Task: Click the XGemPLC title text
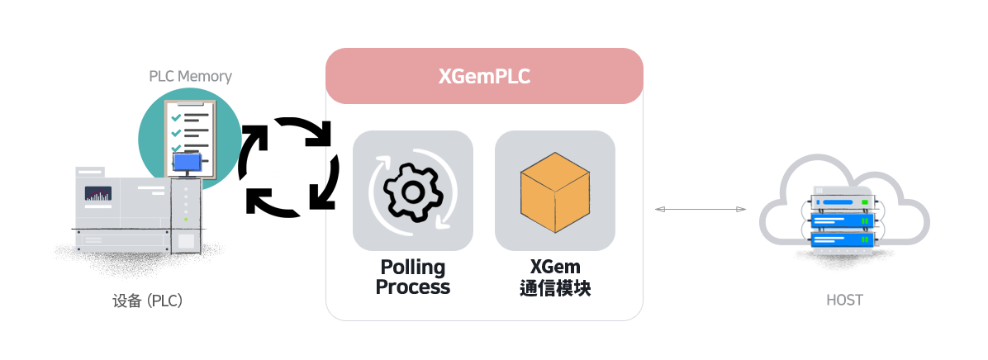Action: coord(484,77)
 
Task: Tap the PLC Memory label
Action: coord(190,76)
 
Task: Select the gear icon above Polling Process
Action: coord(413,191)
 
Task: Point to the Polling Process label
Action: coord(413,277)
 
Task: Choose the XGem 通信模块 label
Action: coord(555,277)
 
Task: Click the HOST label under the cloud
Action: coord(844,301)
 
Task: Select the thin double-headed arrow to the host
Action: coord(701,209)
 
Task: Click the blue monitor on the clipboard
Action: coord(188,163)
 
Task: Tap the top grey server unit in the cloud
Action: coord(843,203)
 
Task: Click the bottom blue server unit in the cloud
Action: coord(843,239)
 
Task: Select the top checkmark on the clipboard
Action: coord(176,118)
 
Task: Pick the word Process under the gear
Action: coord(413,287)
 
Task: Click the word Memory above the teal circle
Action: coord(205,76)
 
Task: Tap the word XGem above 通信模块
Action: coord(555,267)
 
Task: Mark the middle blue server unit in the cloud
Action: coord(843,221)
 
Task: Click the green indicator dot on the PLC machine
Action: coord(186,220)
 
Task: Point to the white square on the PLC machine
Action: coord(186,240)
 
